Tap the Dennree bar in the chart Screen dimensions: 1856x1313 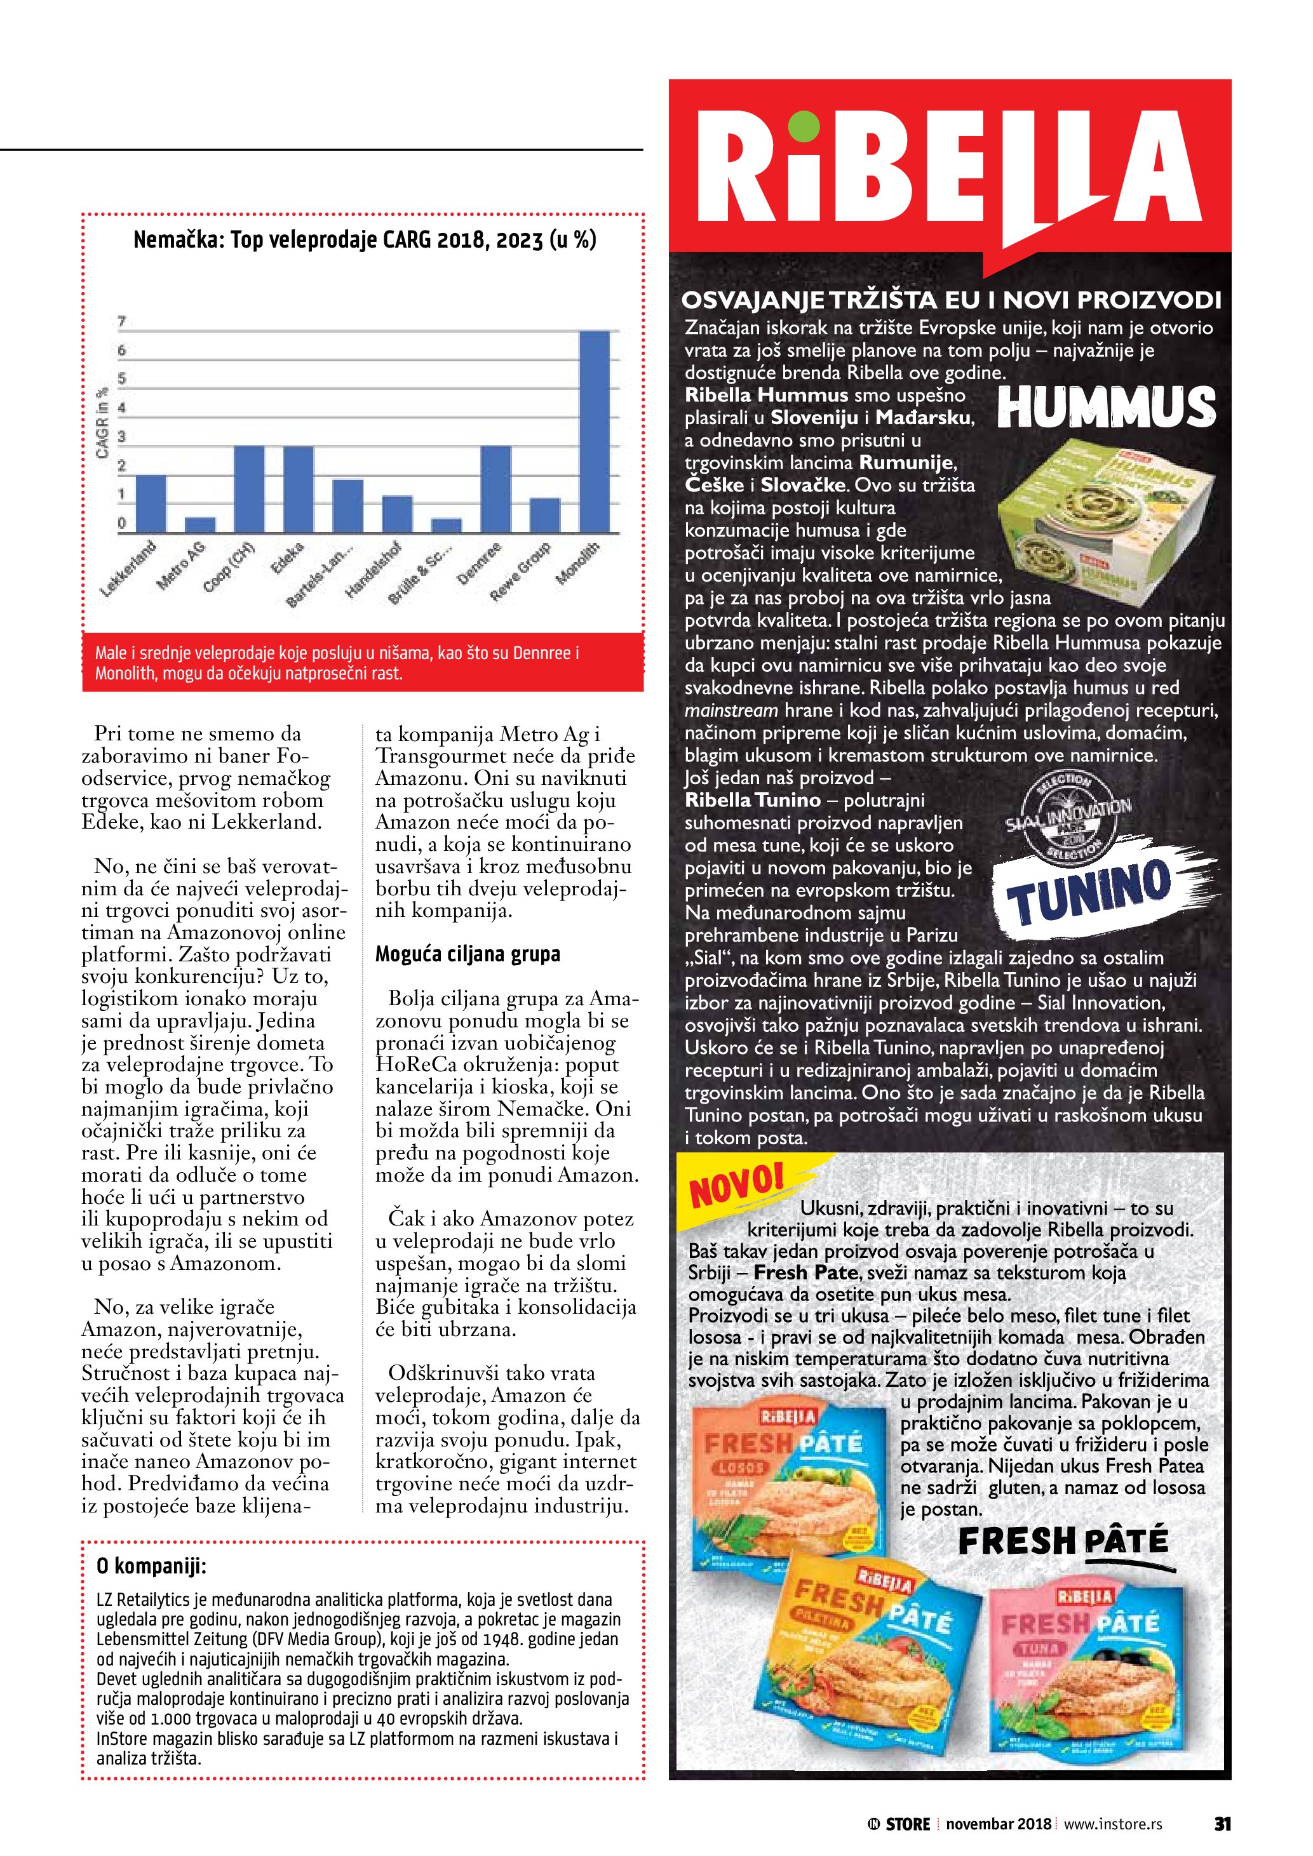point(495,488)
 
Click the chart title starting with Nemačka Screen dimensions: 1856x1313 point(365,240)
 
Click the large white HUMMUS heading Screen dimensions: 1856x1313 point(1106,408)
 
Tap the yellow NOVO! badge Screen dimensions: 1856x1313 point(737,1184)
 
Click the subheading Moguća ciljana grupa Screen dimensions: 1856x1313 point(468,954)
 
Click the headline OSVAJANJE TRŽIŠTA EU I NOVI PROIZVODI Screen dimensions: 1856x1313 point(951,301)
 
